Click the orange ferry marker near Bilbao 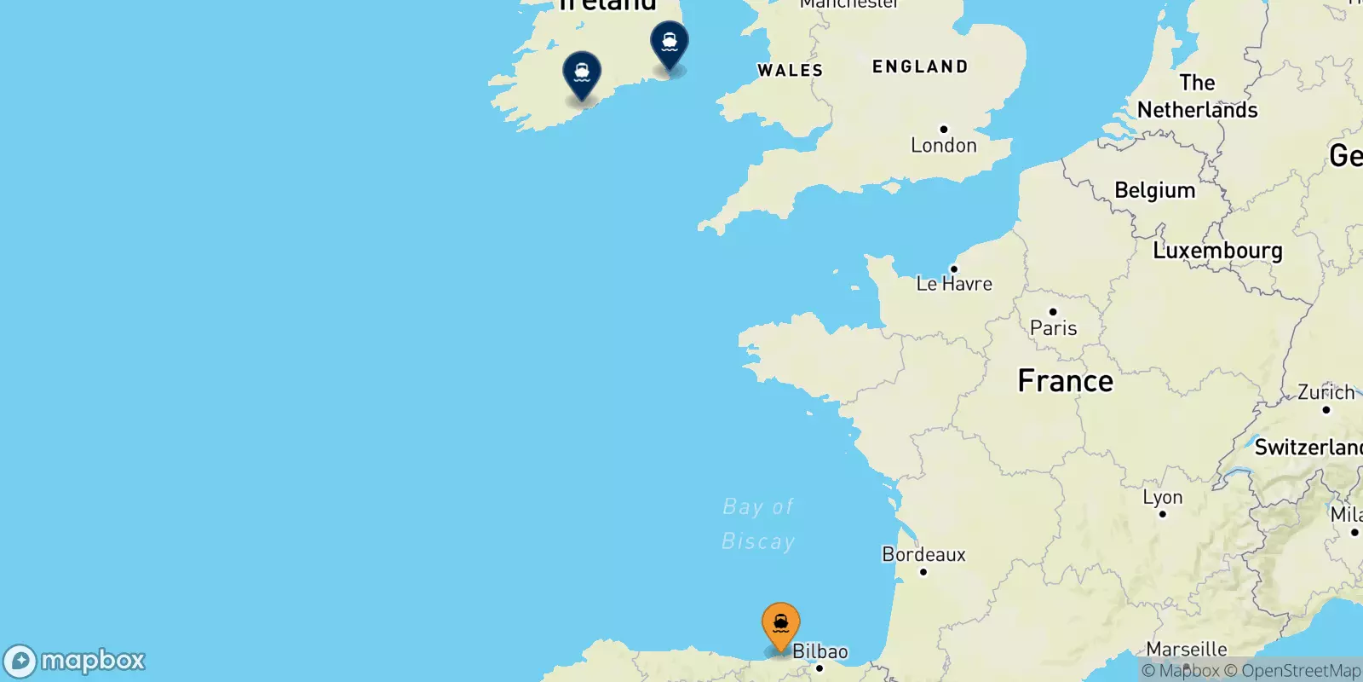coord(780,625)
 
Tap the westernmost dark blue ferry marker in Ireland coord(582,74)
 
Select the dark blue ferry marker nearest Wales coord(670,43)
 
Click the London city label coord(943,146)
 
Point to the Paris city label coord(1053,328)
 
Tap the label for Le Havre coord(954,284)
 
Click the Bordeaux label coord(923,555)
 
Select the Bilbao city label coord(820,652)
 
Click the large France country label coord(1065,381)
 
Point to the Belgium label coord(1154,190)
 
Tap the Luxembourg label coord(1217,251)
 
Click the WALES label coord(790,71)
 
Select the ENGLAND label coord(920,66)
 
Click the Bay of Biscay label coord(758,523)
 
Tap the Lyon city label coord(1162,497)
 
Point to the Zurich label coord(1326,393)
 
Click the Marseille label coord(1187,650)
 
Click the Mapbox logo coord(75,661)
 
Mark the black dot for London coord(943,130)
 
